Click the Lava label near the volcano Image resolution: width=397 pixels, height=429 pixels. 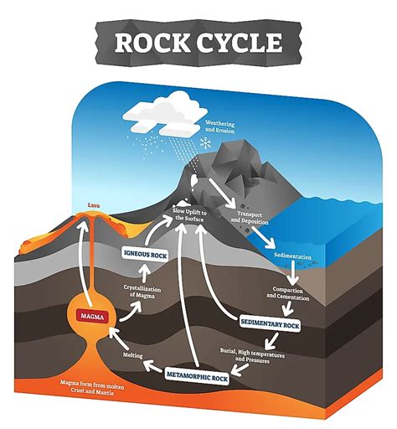pyautogui.click(x=82, y=204)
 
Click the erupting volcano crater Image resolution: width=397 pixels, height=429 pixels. pyautogui.click(x=84, y=217)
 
